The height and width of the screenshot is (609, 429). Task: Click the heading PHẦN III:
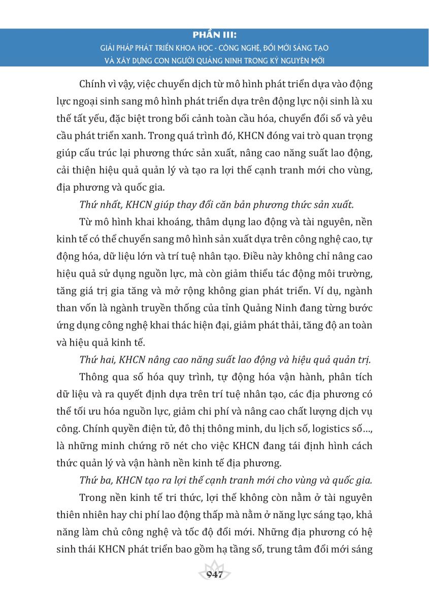(x=215, y=36)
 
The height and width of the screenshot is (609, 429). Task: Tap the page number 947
(x=215, y=574)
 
